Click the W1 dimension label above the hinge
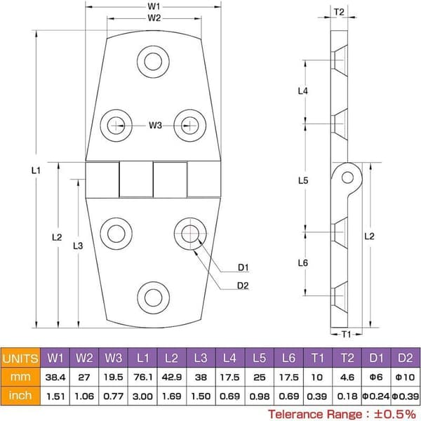154,6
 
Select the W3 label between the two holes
155,125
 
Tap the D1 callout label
243,267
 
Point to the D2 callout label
243,286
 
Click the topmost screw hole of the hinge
153,62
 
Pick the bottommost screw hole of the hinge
153,298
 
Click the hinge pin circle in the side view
347,178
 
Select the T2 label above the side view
339,12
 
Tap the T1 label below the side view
347,334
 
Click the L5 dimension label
303,180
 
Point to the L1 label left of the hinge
36,171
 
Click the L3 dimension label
78,246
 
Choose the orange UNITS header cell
20,358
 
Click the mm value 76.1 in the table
142,377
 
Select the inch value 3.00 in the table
142,396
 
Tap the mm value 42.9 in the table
172,377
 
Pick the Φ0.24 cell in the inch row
376,396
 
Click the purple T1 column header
318,358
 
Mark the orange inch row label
20,396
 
